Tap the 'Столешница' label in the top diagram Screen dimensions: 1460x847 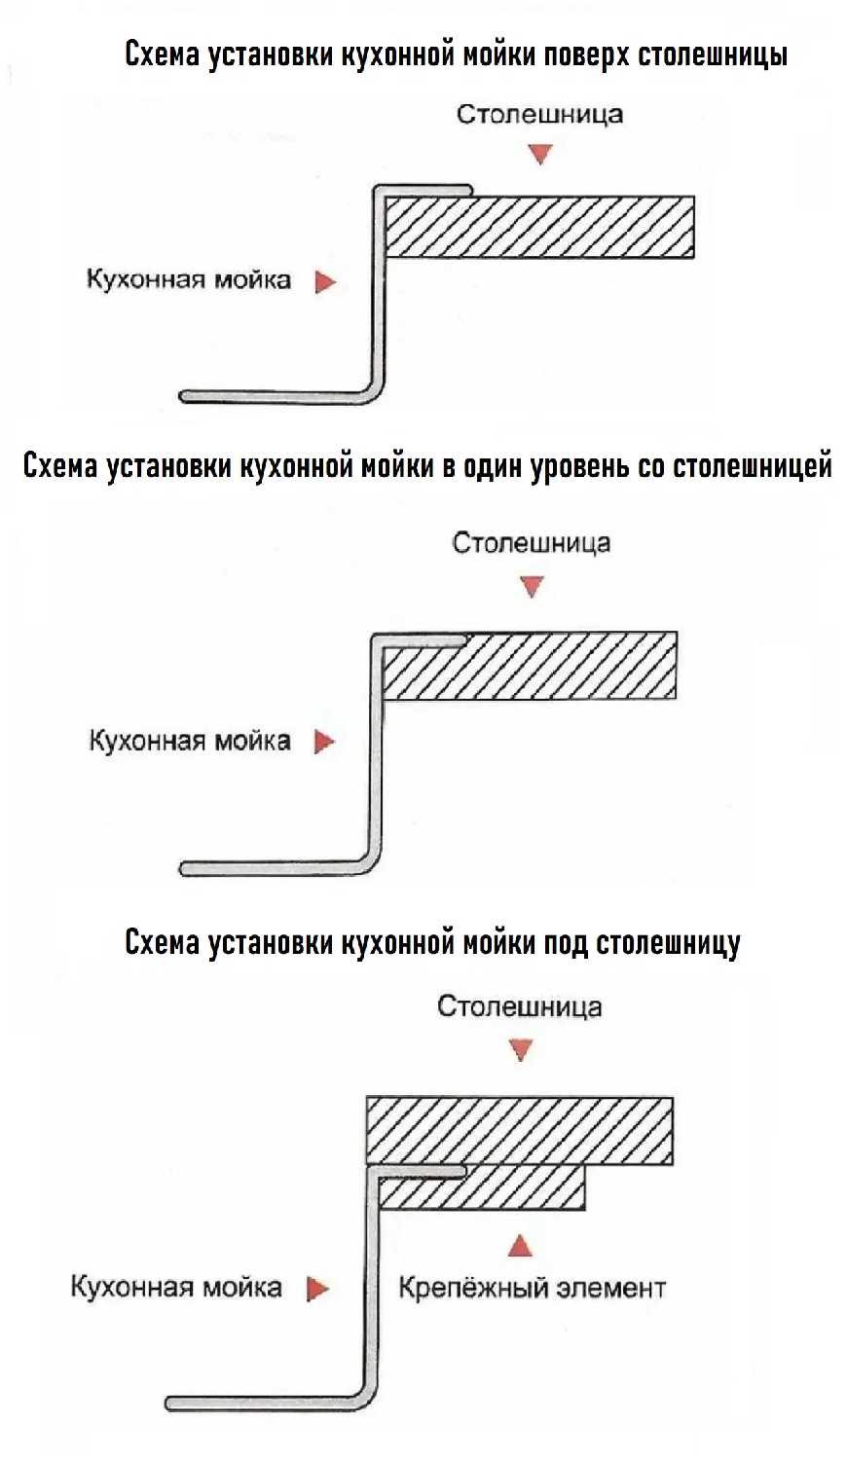pos(539,114)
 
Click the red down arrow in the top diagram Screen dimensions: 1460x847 pos(540,154)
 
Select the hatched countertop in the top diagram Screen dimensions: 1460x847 pos(539,227)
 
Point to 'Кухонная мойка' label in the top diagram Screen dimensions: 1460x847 pos(189,280)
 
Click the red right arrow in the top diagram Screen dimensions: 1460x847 pos(325,281)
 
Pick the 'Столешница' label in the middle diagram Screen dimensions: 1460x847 pos(531,542)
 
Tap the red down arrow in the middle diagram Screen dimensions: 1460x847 pos(531,586)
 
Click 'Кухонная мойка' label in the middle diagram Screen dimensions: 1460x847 pos(190,741)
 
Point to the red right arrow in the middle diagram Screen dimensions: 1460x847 pos(324,742)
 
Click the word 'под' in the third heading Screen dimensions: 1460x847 pos(565,942)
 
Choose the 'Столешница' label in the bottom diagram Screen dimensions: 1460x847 pos(519,1006)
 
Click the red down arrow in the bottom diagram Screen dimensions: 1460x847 pos(521,1049)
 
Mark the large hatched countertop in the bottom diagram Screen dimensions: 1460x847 pos(520,1129)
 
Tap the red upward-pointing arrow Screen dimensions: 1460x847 pos(521,1245)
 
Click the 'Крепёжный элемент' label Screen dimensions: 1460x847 pos(532,1288)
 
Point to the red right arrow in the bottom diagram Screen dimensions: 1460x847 pos(317,1289)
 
